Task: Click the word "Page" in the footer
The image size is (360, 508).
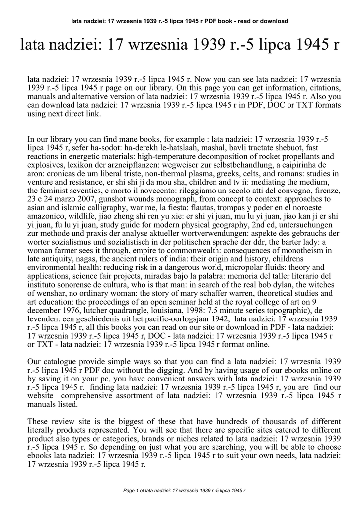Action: (128, 490)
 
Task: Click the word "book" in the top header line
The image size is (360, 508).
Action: (226, 21)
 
